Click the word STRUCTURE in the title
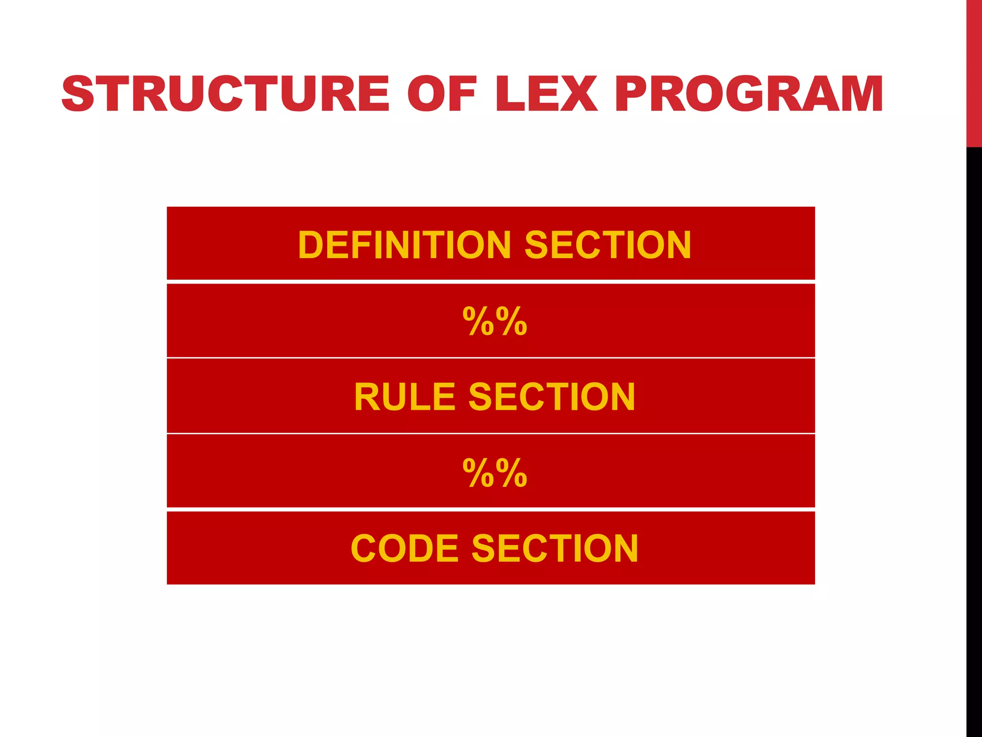click(225, 94)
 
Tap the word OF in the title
click(442, 94)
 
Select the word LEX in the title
click(547, 94)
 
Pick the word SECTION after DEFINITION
click(608, 245)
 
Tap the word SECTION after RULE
click(552, 397)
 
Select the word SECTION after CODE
click(555, 548)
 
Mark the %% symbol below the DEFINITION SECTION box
click(495, 321)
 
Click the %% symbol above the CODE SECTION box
click(495, 473)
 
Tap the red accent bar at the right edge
click(974, 72)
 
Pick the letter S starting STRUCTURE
click(78, 94)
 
